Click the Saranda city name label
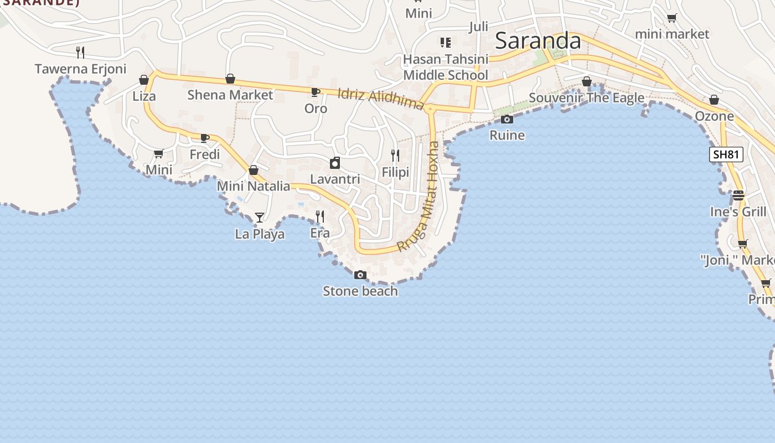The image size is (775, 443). pyautogui.click(x=538, y=41)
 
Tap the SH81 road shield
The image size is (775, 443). pyautogui.click(x=726, y=154)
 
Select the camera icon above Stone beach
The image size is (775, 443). pyautogui.click(x=360, y=275)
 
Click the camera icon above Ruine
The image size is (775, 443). pyautogui.click(x=507, y=119)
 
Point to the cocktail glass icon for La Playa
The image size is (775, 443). pyautogui.click(x=259, y=217)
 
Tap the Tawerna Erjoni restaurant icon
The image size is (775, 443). pyautogui.click(x=80, y=53)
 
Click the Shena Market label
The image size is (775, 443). pyautogui.click(x=230, y=95)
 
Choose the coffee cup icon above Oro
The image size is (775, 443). pyautogui.click(x=315, y=92)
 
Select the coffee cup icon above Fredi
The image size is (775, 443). pyautogui.click(x=204, y=138)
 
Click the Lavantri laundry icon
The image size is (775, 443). pyautogui.click(x=334, y=163)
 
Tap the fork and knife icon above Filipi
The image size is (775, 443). pyautogui.click(x=395, y=155)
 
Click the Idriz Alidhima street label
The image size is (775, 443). pyautogui.click(x=380, y=100)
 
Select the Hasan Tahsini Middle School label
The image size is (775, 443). pyautogui.click(x=446, y=67)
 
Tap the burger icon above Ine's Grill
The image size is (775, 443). pyautogui.click(x=738, y=195)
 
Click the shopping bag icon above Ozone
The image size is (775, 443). pyautogui.click(x=714, y=100)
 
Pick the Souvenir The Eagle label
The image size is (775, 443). pyautogui.click(x=586, y=98)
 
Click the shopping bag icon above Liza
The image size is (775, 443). pyautogui.click(x=144, y=80)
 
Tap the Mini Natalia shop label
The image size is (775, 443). pyautogui.click(x=254, y=186)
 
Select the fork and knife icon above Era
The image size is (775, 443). pyautogui.click(x=319, y=216)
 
